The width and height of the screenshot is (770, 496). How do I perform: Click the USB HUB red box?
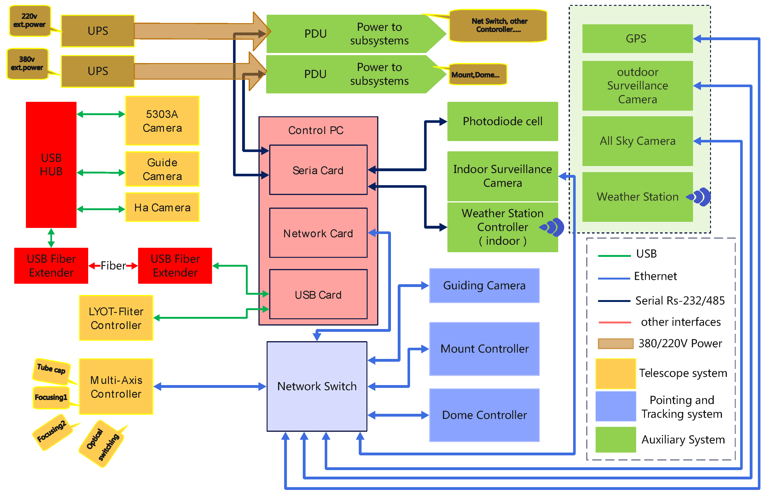click(51, 165)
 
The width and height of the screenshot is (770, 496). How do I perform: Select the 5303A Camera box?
click(162, 120)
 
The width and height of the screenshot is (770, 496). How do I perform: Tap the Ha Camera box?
click(162, 207)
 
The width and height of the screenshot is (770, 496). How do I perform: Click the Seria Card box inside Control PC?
click(318, 170)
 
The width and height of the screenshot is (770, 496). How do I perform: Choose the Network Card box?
click(318, 233)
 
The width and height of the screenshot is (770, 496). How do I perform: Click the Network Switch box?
click(317, 386)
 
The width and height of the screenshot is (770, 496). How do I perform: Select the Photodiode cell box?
click(502, 121)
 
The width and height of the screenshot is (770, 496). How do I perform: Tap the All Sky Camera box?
click(638, 141)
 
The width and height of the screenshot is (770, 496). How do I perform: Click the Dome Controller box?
click(484, 415)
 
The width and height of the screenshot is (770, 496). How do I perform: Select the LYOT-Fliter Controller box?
click(116, 318)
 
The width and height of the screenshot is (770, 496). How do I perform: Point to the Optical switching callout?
click(102, 444)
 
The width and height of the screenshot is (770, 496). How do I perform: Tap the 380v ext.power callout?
click(27, 64)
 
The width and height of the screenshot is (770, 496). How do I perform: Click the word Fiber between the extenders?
click(113, 266)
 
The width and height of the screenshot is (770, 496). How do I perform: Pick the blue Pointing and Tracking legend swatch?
click(616, 406)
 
